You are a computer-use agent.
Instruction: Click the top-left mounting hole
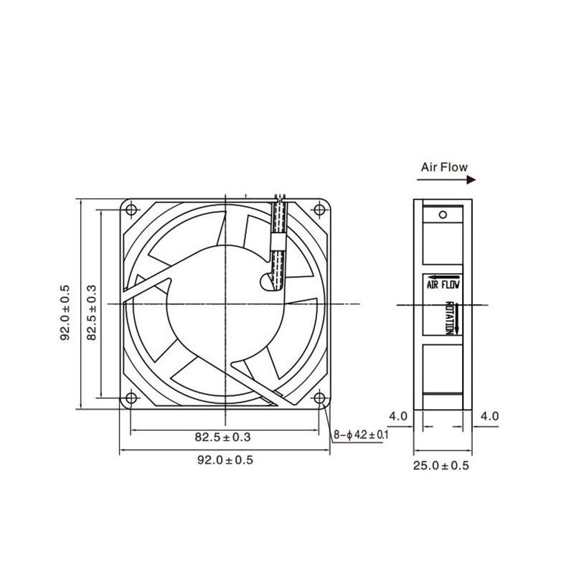[x=131, y=210]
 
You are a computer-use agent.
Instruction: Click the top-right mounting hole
[x=319, y=210]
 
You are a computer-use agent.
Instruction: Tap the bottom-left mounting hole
[x=131, y=398]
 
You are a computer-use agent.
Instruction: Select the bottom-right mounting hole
[x=319, y=398]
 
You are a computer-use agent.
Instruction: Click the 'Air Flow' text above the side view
[x=444, y=167]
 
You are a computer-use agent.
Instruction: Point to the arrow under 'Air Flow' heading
[x=446, y=180]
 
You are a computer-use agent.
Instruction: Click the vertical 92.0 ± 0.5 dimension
[x=65, y=313]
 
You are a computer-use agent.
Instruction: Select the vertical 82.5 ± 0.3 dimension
[x=92, y=313]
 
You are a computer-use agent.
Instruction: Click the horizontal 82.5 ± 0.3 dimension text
[x=222, y=437]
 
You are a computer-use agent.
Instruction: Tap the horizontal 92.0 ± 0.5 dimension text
[x=225, y=460]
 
